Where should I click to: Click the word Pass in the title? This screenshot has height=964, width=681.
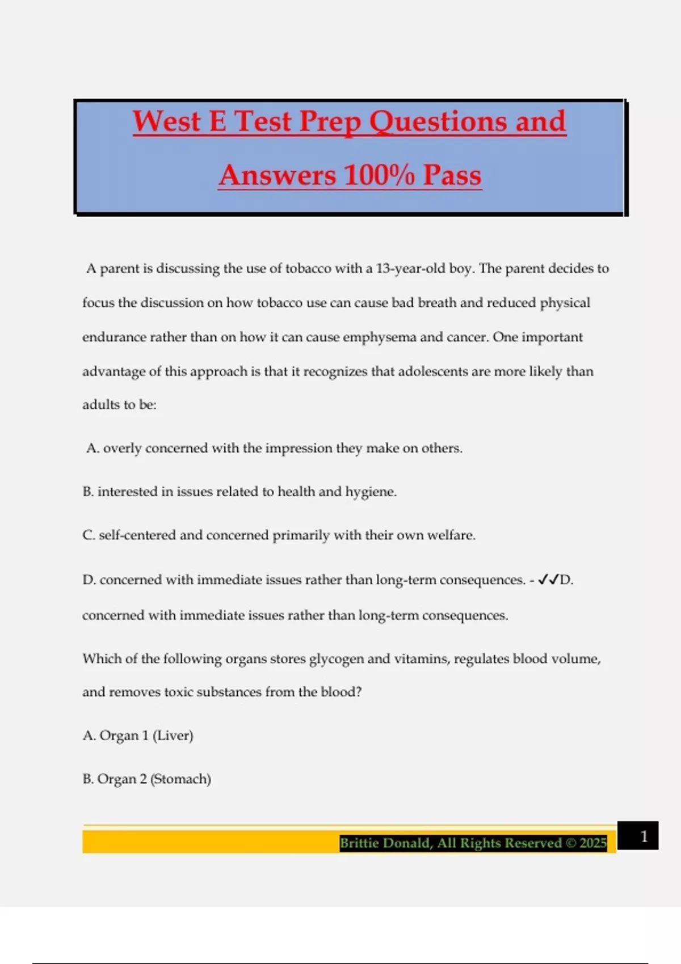point(452,175)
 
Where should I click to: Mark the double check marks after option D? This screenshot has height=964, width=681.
point(548,580)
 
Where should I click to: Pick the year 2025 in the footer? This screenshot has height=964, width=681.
point(593,843)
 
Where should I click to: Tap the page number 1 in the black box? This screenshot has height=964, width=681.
point(644,836)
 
